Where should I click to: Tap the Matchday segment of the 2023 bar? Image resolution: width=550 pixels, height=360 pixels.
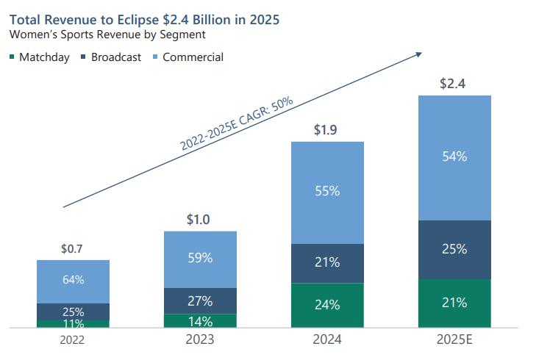pos(200,320)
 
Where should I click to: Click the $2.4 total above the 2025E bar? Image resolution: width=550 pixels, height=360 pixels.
pos(453,84)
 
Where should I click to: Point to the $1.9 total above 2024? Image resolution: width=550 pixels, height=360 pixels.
pos(326,131)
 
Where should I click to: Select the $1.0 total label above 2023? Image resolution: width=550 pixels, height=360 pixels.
pos(199,220)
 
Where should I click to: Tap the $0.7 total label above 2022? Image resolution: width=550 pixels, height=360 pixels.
pos(72,249)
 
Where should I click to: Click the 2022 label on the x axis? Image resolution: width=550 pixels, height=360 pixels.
pos(73,340)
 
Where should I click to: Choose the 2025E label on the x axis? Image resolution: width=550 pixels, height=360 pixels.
pos(454,340)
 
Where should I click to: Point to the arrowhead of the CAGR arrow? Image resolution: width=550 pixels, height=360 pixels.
pos(420,53)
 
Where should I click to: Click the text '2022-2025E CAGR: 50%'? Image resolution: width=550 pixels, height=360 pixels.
pos(232,122)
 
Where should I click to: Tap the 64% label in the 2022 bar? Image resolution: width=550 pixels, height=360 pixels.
pos(73,279)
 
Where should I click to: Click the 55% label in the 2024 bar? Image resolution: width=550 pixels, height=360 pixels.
pos(327,191)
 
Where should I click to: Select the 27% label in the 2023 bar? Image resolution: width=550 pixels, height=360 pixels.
pos(200,300)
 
